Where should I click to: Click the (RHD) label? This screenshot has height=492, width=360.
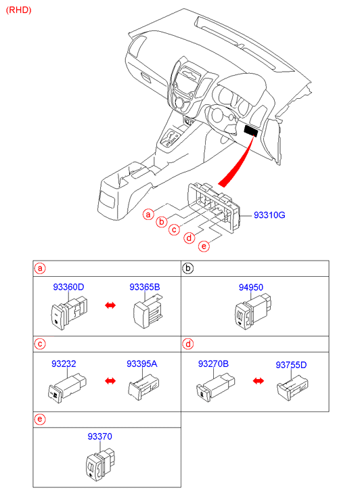click(19, 10)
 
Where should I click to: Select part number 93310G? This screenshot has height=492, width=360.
click(269, 215)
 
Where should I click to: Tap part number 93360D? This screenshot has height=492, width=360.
click(68, 287)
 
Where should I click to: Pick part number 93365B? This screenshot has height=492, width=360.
click(145, 287)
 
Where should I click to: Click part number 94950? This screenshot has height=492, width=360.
click(251, 288)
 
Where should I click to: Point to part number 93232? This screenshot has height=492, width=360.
click(64, 363)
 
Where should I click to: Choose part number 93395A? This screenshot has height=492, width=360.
click(142, 363)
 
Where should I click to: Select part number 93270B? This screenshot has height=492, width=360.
click(213, 363)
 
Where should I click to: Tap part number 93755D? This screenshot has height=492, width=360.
click(291, 365)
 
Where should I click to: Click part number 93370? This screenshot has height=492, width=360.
click(99, 437)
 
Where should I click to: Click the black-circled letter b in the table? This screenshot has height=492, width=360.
click(187, 268)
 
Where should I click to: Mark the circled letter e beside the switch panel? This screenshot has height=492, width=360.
click(204, 246)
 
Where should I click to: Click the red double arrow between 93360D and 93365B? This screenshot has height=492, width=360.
click(110, 305)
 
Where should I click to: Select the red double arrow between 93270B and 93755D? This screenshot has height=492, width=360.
click(258, 381)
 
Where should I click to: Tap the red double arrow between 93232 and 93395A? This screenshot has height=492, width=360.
click(110, 381)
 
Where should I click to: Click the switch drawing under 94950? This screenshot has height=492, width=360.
click(253, 311)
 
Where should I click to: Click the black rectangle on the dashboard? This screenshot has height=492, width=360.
click(252, 131)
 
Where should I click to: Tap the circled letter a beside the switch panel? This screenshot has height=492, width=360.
click(148, 215)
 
